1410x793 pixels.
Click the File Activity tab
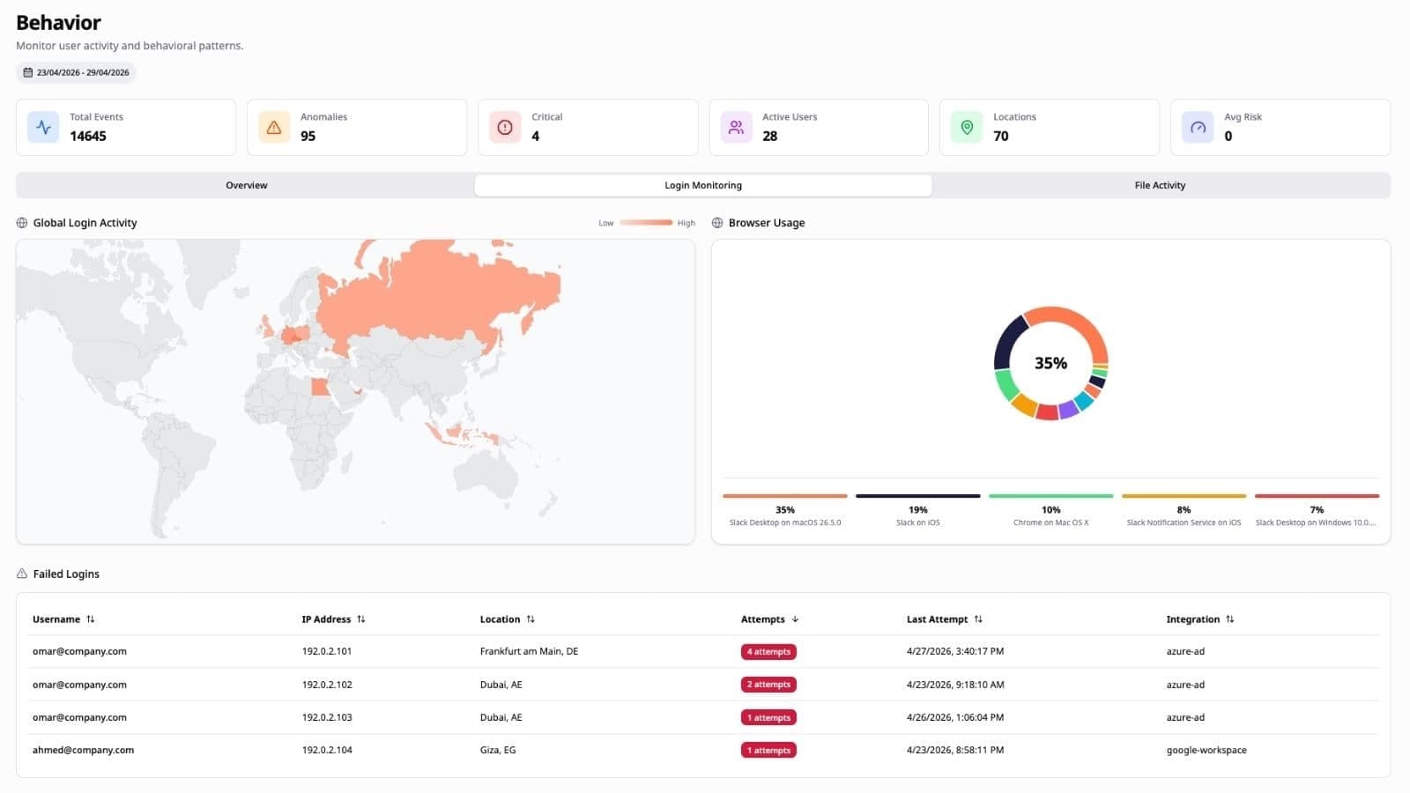coord(1160,185)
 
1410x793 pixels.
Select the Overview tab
coord(246,185)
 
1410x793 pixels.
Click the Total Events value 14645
coord(88,136)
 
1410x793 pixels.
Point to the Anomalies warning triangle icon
coord(274,127)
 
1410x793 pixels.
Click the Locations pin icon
coord(967,127)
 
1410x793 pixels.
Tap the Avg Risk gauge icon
coord(1198,127)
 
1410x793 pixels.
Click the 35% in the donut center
coord(1050,363)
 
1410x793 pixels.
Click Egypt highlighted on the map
coord(321,387)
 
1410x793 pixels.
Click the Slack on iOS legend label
coord(917,522)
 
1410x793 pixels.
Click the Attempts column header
coord(762,619)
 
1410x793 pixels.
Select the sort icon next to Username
coord(91,619)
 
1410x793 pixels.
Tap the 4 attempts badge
coord(768,651)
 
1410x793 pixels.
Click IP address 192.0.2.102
coord(327,685)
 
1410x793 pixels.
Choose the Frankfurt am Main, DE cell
coord(529,651)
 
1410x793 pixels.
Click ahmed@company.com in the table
coord(83,750)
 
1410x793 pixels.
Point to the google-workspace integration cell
coord(1206,750)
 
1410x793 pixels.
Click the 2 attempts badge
coord(768,685)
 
